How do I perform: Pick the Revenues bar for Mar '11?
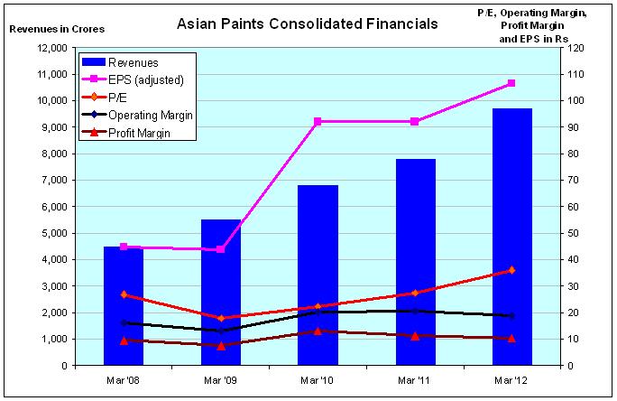coord(415,262)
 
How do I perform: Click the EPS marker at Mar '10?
coord(318,121)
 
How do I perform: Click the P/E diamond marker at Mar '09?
coord(221,318)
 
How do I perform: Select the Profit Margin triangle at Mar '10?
coord(318,331)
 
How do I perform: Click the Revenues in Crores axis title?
coord(56,29)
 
